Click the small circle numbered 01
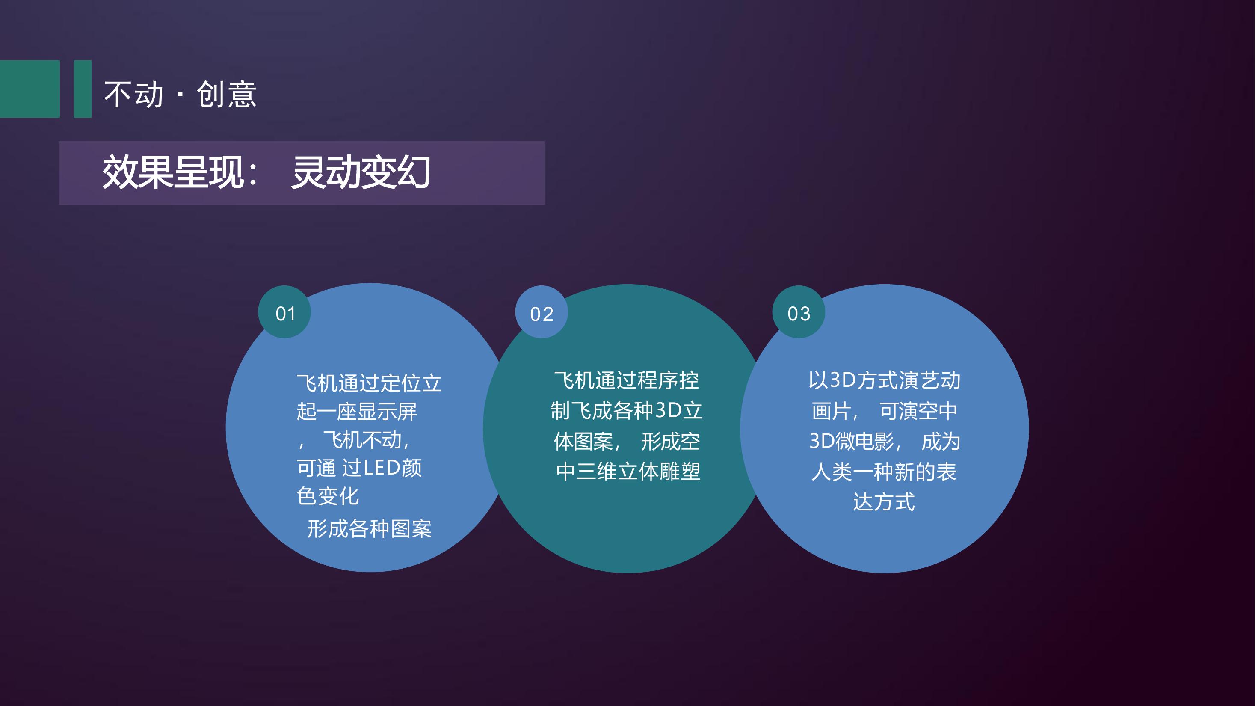[x=284, y=312]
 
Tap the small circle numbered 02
[x=542, y=312]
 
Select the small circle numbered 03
[x=799, y=312]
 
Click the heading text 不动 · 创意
[x=180, y=94]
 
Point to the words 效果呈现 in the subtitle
[x=173, y=172]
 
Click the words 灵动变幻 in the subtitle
[x=361, y=172]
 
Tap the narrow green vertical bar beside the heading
[x=83, y=89]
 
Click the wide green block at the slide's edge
[x=30, y=89]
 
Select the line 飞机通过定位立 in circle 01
[x=369, y=383]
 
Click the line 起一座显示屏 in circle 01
[x=357, y=411]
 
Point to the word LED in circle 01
[x=382, y=468]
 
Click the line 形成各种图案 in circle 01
[x=370, y=529]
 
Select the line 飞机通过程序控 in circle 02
[x=627, y=380]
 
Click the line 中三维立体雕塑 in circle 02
[x=628, y=471]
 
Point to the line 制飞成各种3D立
[x=627, y=411]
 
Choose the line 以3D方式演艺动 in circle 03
[x=885, y=380]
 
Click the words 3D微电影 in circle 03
[x=852, y=442]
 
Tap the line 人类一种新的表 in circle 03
[x=884, y=471]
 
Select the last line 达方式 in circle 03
[x=884, y=502]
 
